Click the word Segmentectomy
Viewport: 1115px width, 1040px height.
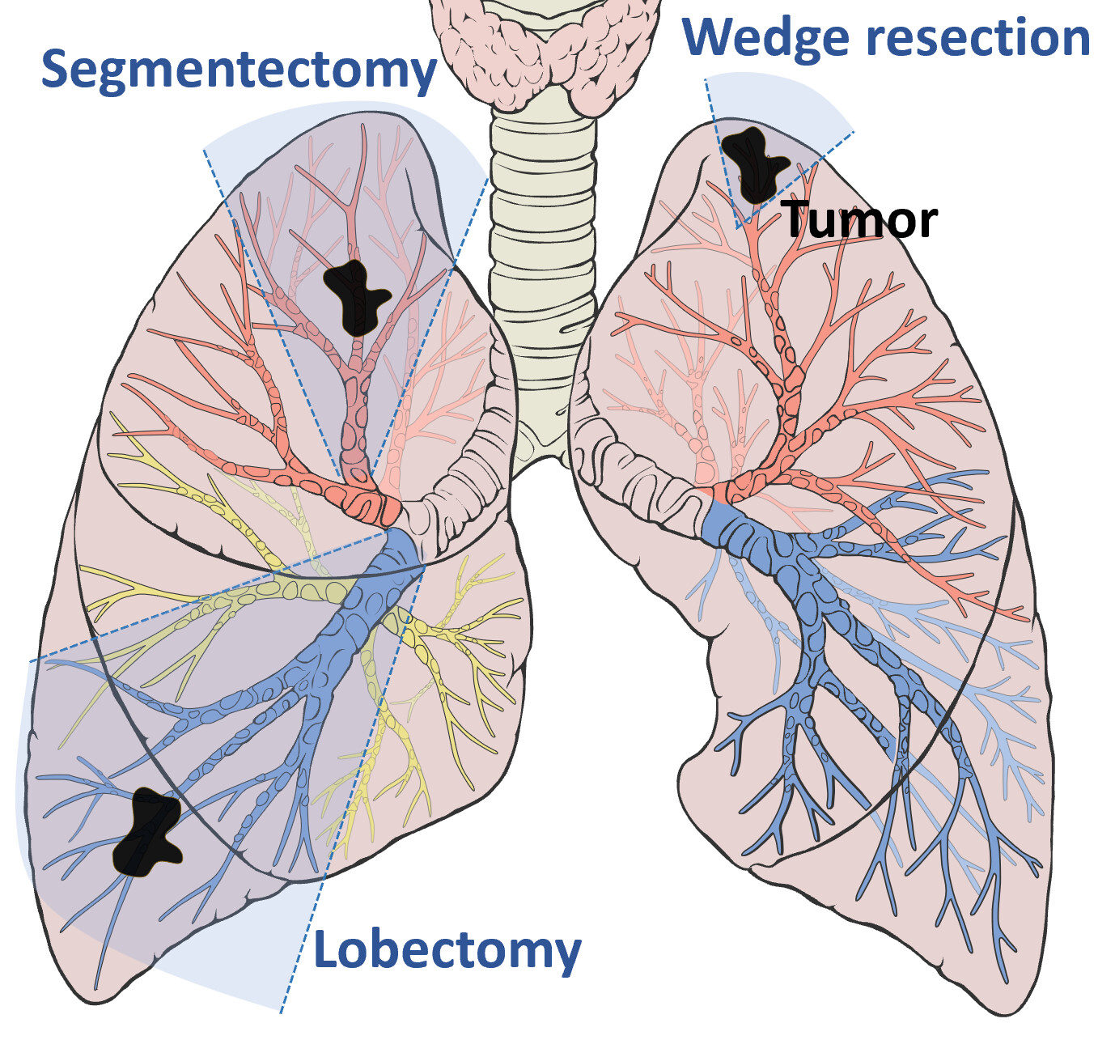(x=239, y=70)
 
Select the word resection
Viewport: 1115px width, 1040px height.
(x=978, y=38)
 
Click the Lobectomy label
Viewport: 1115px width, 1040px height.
(x=447, y=949)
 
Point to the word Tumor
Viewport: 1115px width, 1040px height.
(x=859, y=219)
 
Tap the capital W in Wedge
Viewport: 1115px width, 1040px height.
(x=712, y=38)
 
